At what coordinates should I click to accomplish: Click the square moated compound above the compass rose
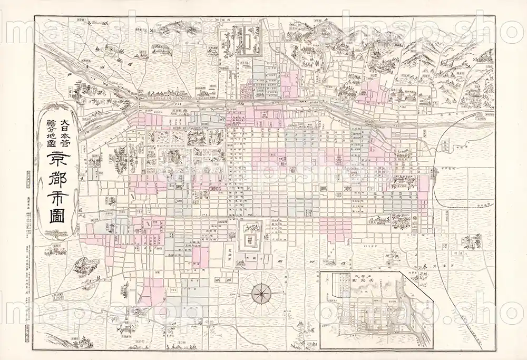pos(248,235)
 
